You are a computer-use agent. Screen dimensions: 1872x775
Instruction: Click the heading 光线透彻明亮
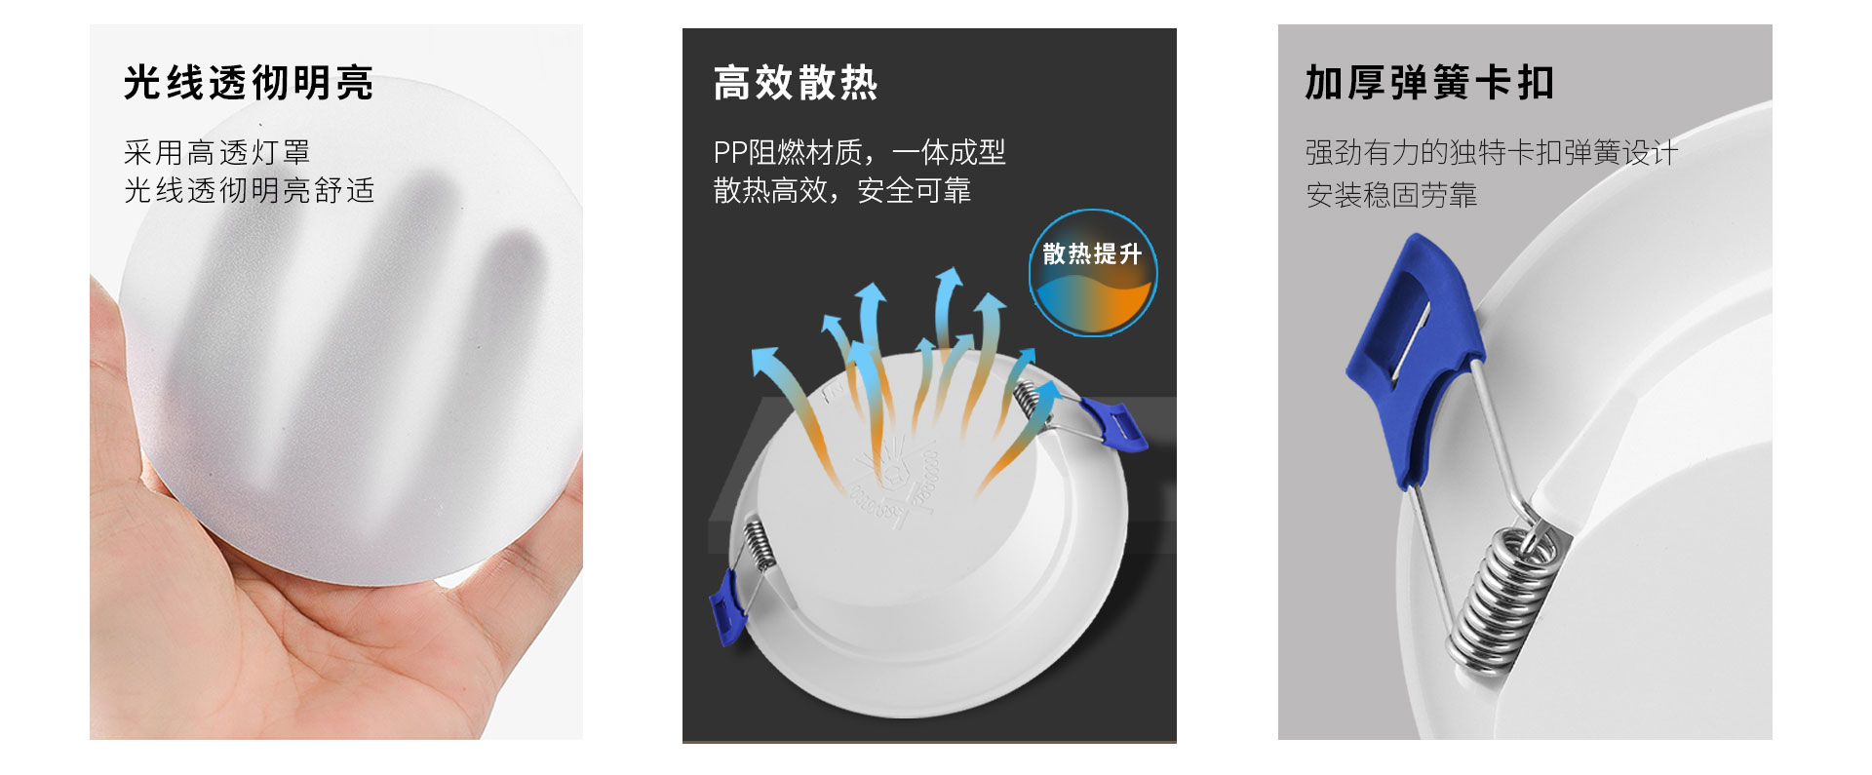[x=249, y=83]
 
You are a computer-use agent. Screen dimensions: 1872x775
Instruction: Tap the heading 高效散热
[x=796, y=83]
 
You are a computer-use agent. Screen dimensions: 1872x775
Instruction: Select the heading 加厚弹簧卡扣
[x=1429, y=83]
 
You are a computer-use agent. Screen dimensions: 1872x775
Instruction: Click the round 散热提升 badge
[x=1093, y=273]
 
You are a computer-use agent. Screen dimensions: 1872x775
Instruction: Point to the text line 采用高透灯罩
[x=216, y=152]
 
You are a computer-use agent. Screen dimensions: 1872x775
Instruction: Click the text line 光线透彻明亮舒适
[x=249, y=190]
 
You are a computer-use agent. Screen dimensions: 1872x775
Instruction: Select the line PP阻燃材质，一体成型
[x=859, y=152]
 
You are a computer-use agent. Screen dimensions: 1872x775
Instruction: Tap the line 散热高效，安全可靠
[x=842, y=190]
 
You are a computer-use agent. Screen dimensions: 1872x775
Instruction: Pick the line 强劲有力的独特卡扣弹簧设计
[x=1492, y=152]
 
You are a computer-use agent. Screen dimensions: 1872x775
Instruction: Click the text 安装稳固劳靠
[x=1391, y=195]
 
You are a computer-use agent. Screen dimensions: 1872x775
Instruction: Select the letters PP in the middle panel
[x=729, y=153]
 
